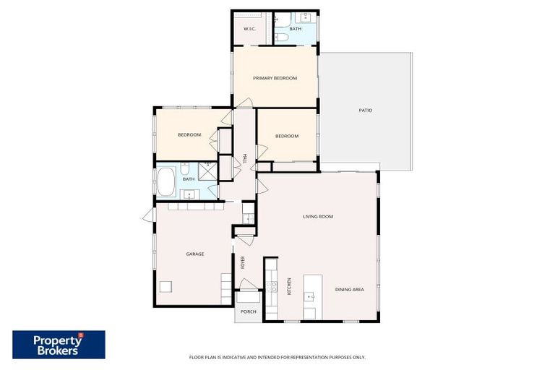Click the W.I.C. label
[x=250, y=29]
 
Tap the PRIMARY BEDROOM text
[x=275, y=78]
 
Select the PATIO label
[x=365, y=110]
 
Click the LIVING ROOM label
[x=317, y=216]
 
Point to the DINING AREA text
[x=349, y=289]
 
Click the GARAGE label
[x=194, y=254]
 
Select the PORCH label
[x=248, y=311]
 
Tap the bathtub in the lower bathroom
[x=165, y=181]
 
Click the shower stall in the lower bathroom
[x=208, y=171]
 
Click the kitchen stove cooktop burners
[x=273, y=285]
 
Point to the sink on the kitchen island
[x=309, y=296]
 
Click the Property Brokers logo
[x=59, y=344]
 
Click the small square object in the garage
[x=166, y=286]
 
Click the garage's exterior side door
[x=149, y=215]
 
